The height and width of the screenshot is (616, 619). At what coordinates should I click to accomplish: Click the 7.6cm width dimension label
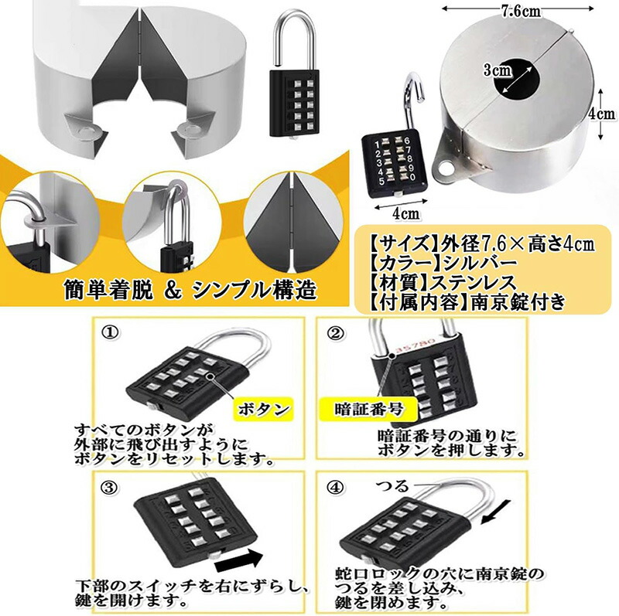click(521, 11)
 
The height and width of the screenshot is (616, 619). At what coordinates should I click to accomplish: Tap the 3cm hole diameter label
click(497, 70)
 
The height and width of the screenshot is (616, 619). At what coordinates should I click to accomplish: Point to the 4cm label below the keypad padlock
click(406, 213)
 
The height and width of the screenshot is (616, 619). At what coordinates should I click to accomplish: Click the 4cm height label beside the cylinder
click(602, 114)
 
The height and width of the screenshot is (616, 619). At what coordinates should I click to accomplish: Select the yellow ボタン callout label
click(264, 409)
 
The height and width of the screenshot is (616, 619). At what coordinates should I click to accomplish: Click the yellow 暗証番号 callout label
click(368, 409)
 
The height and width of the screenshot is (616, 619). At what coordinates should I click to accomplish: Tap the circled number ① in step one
click(110, 332)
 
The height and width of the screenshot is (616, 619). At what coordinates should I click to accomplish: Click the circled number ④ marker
click(335, 488)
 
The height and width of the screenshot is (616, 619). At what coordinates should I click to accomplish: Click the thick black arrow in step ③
click(239, 560)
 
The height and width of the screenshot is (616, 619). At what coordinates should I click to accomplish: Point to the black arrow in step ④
click(495, 512)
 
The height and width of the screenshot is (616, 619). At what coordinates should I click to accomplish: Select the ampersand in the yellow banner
click(173, 291)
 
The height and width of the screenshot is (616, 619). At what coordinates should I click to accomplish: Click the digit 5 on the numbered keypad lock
click(381, 182)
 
